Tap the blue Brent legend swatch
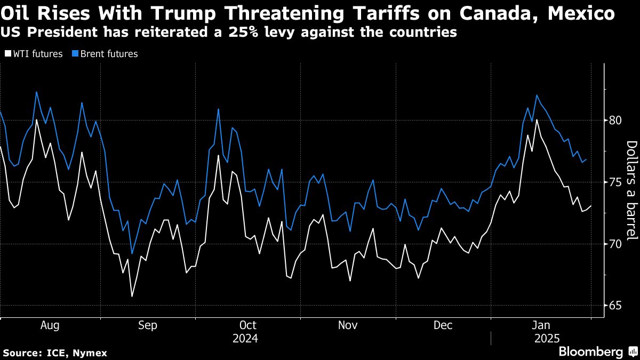click(x=75, y=54)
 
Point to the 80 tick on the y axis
click(x=616, y=121)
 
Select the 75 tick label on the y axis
click(x=616, y=182)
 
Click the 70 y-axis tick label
click(x=616, y=244)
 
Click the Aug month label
click(x=50, y=325)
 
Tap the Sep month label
click(x=148, y=325)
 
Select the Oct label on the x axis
click(x=248, y=325)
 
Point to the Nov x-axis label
click(x=348, y=325)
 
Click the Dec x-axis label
click(x=443, y=325)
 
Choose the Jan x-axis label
click(x=542, y=325)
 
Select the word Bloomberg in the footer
click(x=590, y=352)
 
